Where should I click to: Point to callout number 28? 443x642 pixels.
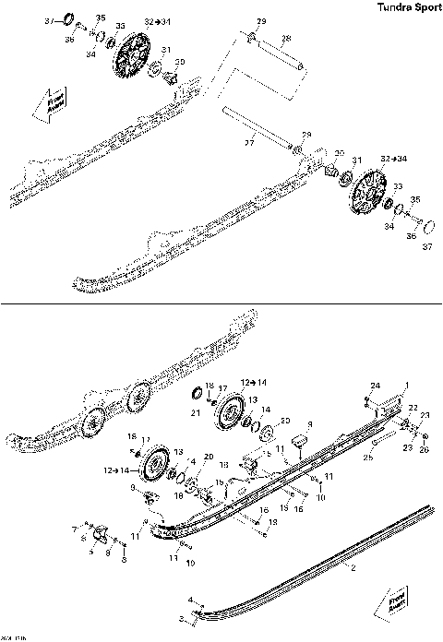286,38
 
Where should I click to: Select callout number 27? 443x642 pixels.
248,144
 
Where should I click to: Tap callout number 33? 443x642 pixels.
398,187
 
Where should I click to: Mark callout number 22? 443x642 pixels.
413,407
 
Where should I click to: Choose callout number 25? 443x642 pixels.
368,457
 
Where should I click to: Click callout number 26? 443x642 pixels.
424,449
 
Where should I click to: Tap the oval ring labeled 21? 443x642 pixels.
196,396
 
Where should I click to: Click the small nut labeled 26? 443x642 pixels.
424,436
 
